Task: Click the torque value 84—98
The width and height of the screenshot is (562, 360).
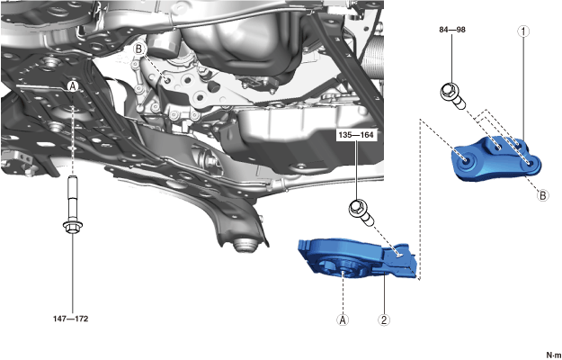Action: pyautogui.click(x=452, y=30)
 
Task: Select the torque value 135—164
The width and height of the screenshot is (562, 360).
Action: pyautogui.click(x=356, y=135)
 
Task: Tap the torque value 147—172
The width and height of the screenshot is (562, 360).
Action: pyautogui.click(x=71, y=319)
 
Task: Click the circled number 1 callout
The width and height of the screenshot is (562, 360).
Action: pyautogui.click(x=523, y=31)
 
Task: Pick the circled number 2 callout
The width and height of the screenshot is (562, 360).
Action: pyautogui.click(x=384, y=319)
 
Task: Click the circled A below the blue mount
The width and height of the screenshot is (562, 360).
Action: pyautogui.click(x=343, y=319)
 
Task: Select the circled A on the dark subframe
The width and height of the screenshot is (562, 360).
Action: pyautogui.click(x=73, y=86)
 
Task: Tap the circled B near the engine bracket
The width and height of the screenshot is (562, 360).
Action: pyautogui.click(x=139, y=49)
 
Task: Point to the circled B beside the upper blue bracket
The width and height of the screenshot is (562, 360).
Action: pyautogui.click(x=543, y=195)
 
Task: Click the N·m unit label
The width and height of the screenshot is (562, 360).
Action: pyautogui.click(x=553, y=355)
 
